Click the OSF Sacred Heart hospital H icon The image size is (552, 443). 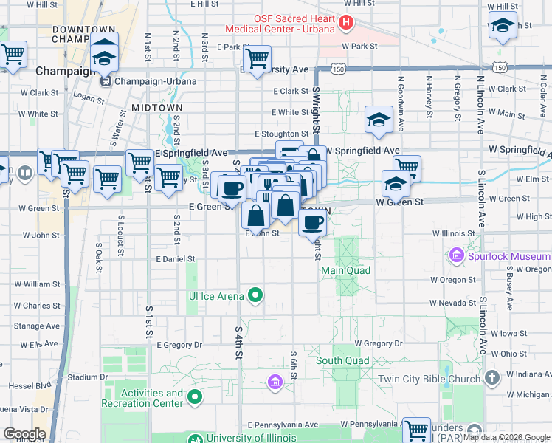[x=345, y=23]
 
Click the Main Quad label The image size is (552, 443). [x=345, y=271]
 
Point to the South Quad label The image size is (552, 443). [x=342, y=361]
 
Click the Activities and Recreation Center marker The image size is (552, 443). [x=196, y=399]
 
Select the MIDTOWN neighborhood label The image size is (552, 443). [x=156, y=108]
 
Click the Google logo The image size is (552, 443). [x=24, y=433]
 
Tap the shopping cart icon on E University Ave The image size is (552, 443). [x=257, y=58]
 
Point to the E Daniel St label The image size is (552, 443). [x=176, y=259]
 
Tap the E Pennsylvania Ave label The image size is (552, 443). [x=283, y=425]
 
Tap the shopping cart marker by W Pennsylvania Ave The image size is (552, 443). [x=416, y=429]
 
